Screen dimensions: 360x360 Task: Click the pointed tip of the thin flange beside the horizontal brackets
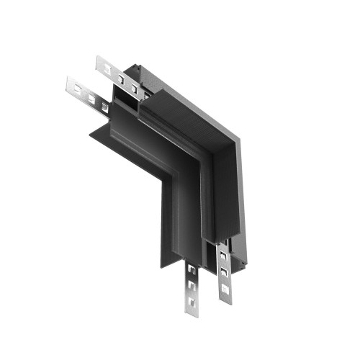pyautogui.click(x=89, y=132)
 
